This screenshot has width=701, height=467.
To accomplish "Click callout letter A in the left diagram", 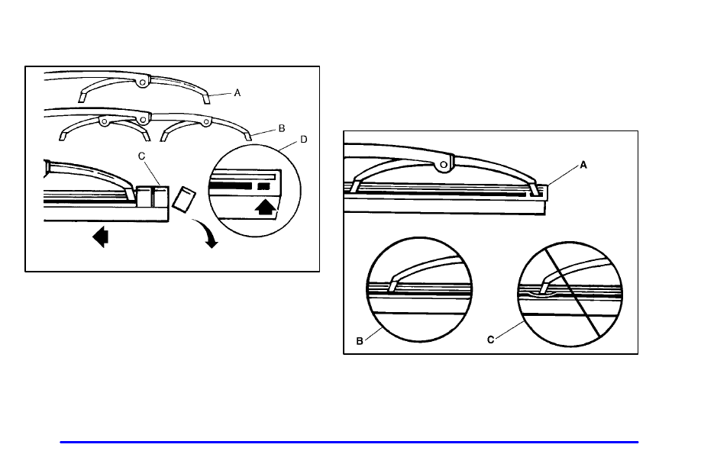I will pos(237,92).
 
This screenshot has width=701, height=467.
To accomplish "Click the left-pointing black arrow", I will pos(100,238).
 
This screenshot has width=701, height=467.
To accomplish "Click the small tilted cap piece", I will pos(182,198).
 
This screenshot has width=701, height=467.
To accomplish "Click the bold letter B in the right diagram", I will pos(360,342).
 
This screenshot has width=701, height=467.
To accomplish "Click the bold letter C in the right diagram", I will pos(492,342).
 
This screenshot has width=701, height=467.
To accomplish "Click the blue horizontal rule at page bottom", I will pos(350,442).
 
